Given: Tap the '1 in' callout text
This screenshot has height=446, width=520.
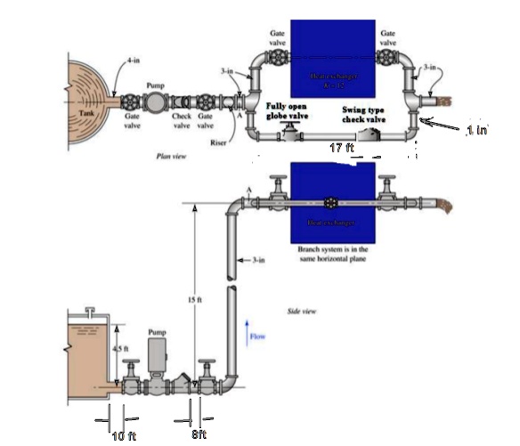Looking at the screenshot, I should [x=475, y=130].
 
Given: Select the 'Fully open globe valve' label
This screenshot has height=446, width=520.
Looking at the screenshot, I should [x=288, y=113].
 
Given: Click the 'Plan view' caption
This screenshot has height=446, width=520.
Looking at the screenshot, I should [x=169, y=154].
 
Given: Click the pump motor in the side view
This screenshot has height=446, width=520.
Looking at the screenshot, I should [x=157, y=351].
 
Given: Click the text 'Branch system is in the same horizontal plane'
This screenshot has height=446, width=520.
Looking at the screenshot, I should [x=333, y=255].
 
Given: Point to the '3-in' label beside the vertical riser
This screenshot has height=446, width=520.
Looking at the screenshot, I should [x=256, y=260].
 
